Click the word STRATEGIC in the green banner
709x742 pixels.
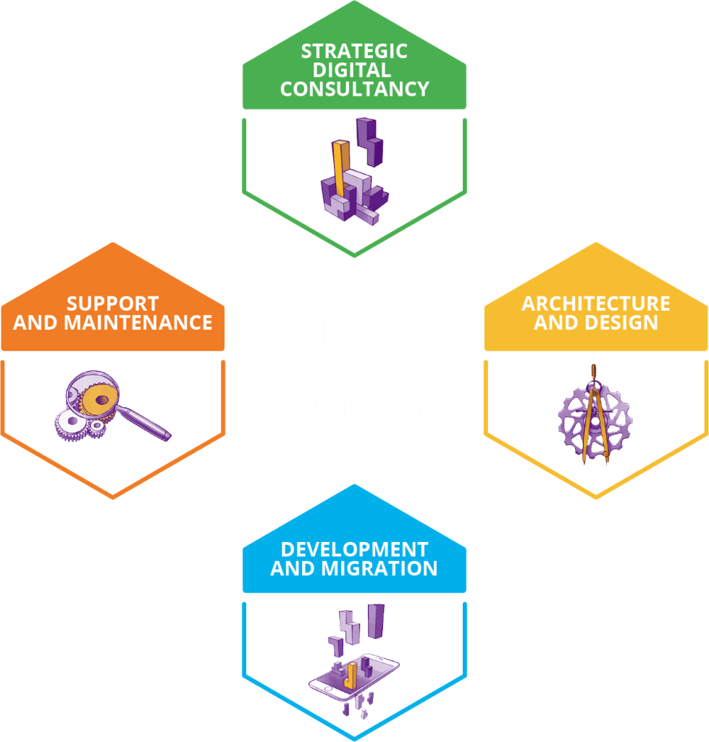[x=354, y=51]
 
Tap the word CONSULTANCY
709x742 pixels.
[x=355, y=89]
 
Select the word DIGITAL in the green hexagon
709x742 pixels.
[x=352, y=70]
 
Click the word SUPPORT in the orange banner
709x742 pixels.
[x=112, y=304]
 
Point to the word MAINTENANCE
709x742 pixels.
[x=138, y=322]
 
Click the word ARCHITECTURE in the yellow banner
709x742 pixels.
[x=596, y=304]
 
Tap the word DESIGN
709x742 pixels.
[x=621, y=322]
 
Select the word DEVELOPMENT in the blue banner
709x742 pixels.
[x=355, y=549]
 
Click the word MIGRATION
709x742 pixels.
[x=379, y=568]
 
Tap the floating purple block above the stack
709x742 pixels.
[x=369, y=141]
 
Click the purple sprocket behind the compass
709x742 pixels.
[x=595, y=421]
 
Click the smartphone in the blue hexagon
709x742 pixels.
[x=354, y=678]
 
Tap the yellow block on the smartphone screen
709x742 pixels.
[x=351, y=675]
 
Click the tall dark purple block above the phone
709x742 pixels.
[x=376, y=621]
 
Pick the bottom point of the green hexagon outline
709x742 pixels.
[x=354, y=256]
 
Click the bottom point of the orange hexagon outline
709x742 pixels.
[x=112, y=497]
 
